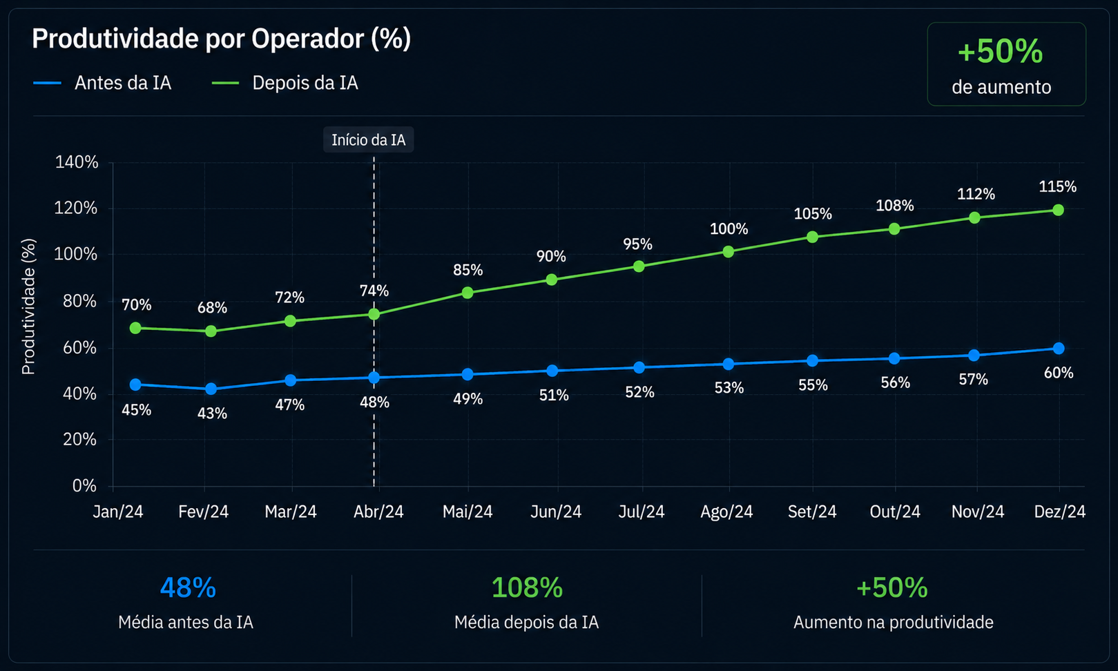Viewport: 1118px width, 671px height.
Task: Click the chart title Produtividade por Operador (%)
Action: pyautogui.click(x=221, y=39)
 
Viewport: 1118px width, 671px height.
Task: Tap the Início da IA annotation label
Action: pyautogui.click(x=368, y=139)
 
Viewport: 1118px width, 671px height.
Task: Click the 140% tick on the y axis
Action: pyautogui.click(x=77, y=162)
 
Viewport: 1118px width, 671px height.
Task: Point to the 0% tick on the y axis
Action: pyautogui.click(x=84, y=485)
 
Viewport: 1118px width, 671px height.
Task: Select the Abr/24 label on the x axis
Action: pyautogui.click(x=378, y=512)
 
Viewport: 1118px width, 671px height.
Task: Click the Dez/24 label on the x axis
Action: pyautogui.click(x=1059, y=512)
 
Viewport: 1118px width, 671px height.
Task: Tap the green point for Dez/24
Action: pyautogui.click(x=1058, y=210)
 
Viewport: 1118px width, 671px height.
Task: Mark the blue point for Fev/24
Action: pyautogui.click(x=211, y=389)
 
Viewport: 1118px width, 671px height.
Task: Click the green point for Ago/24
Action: pyautogui.click(x=729, y=251)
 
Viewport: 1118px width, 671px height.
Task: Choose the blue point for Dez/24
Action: pyautogui.click(x=1058, y=348)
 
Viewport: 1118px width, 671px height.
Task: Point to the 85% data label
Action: pyautogui.click(x=468, y=271)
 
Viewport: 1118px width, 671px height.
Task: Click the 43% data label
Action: pyautogui.click(x=212, y=414)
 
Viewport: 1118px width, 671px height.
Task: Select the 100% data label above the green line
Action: pyautogui.click(x=729, y=229)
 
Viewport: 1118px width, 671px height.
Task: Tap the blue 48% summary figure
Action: pyautogui.click(x=188, y=587)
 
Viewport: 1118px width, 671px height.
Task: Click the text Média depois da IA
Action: pyautogui.click(x=526, y=623)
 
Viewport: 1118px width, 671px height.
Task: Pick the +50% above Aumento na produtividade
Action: pyautogui.click(x=892, y=587)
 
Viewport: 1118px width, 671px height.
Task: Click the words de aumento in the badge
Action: pyautogui.click(x=1001, y=87)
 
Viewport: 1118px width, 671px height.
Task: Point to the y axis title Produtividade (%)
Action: pyautogui.click(x=28, y=307)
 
